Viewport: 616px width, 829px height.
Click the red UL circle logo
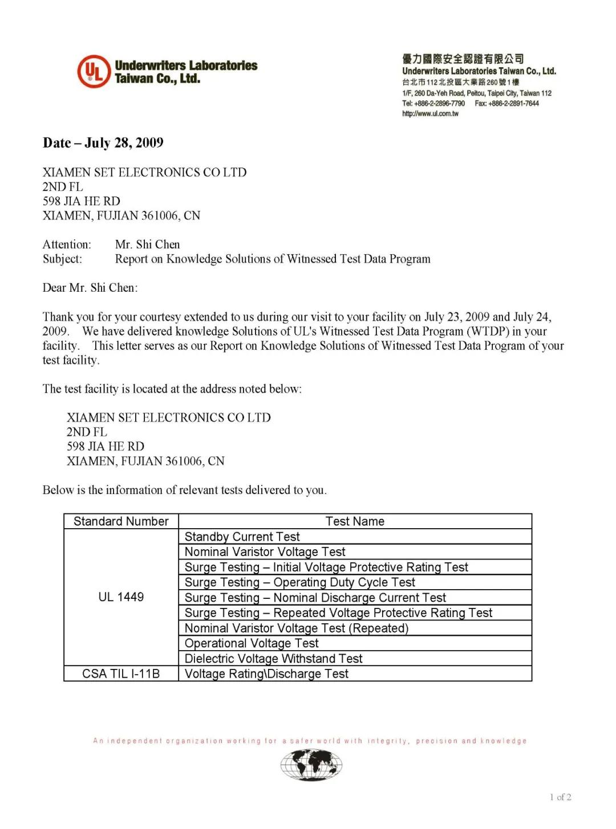click(x=94, y=72)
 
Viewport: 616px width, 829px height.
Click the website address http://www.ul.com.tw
click(x=430, y=114)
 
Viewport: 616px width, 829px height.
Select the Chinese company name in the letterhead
click(x=463, y=59)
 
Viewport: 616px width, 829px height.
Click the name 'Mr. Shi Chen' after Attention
click(x=147, y=244)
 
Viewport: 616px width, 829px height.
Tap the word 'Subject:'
click(x=62, y=259)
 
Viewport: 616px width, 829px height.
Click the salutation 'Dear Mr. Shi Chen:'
click(x=90, y=288)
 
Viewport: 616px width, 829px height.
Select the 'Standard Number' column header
click(x=121, y=521)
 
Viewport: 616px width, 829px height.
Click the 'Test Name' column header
click(x=355, y=521)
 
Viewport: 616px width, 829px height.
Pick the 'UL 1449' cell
click(x=121, y=597)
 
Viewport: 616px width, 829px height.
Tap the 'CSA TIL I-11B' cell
click(x=121, y=674)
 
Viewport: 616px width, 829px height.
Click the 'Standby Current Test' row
click(x=242, y=537)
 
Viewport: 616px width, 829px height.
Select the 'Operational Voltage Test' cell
click(x=252, y=643)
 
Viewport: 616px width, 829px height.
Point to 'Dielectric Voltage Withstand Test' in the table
click(x=273, y=659)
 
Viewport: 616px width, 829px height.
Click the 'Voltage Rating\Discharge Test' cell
click(x=266, y=674)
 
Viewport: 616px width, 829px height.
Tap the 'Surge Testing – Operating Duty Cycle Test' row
click(x=299, y=582)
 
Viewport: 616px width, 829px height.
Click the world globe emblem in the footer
click(x=311, y=765)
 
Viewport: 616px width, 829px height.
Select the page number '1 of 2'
click(x=561, y=797)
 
